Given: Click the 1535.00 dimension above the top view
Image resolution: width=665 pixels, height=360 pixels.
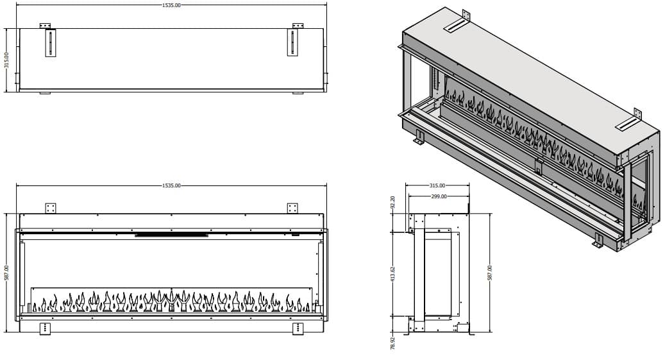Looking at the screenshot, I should click(x=172, y=5).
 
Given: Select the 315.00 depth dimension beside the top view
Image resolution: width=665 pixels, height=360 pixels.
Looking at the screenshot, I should click(x=7, y=60).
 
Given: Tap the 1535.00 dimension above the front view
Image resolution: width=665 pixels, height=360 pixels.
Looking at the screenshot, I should click(x=172, y=185).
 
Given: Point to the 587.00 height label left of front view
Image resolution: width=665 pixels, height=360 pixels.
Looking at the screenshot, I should click(x=7, y=273).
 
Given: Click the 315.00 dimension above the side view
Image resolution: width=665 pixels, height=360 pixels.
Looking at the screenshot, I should click(x=437, y=185).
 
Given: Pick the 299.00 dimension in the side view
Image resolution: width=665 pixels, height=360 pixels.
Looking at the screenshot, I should click(x=439, y=196).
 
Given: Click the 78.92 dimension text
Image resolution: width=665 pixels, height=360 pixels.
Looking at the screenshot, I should click(x=393, y=340).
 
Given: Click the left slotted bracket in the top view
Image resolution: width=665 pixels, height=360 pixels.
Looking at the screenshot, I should click(x=51, y=43).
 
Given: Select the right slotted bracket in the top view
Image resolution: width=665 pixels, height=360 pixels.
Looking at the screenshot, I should click(x=292, y=43).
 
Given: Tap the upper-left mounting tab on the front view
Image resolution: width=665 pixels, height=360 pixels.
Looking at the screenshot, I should click(x=51, y=208).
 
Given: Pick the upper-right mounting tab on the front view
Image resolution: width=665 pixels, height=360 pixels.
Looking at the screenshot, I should click(x=292, y=208).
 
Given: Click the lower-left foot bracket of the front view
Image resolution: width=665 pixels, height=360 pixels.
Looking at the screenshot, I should click(x=45, y=329).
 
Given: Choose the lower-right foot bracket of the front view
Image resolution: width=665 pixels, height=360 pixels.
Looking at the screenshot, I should click(x=298, y=329).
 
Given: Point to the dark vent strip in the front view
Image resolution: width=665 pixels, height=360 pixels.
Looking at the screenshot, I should click(x=172, y=235).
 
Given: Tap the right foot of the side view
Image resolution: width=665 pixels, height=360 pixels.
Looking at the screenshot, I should click(x=470, y=332).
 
